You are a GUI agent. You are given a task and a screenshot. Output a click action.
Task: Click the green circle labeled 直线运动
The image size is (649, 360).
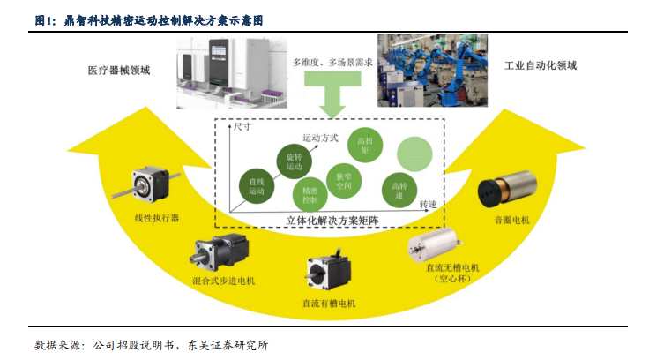257,186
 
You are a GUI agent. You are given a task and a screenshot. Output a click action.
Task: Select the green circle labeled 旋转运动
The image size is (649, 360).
294,161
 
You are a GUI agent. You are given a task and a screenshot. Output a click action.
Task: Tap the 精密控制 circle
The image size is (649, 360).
310,195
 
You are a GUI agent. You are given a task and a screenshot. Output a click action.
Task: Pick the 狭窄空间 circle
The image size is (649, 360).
344,181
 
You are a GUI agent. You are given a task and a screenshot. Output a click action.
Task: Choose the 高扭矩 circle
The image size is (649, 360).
365,145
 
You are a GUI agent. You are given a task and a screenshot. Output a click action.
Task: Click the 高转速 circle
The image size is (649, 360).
399,191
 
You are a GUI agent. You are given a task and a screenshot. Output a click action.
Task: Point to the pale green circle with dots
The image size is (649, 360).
414,154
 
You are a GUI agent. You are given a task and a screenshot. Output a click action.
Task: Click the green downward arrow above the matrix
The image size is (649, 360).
332,94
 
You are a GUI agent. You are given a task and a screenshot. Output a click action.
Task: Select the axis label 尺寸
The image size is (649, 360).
242,126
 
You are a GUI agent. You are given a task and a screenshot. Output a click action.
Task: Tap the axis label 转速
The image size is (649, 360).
428,204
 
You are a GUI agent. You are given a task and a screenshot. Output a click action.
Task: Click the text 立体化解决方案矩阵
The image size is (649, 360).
332,221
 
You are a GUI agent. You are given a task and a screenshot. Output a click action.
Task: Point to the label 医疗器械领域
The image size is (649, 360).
119,71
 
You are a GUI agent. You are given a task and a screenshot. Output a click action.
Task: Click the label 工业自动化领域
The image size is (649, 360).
541,65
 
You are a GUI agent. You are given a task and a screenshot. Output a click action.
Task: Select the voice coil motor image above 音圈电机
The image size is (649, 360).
507,189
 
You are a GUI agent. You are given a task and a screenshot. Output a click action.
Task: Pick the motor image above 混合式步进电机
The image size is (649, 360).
220,252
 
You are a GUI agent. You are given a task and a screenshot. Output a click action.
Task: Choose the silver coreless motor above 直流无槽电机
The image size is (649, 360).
435,244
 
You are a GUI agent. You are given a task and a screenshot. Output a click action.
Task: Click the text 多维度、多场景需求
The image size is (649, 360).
332,63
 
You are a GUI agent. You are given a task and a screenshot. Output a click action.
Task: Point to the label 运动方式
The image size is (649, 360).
320,138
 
